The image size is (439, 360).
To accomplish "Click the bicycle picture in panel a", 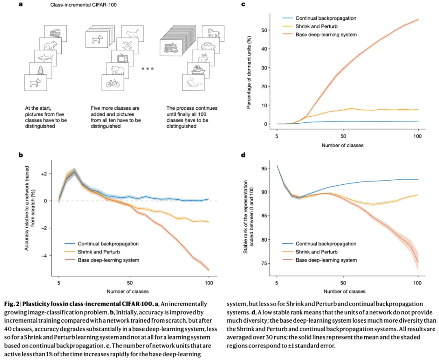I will click(112, 83).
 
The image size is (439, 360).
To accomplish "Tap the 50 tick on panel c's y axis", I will click(267, 31).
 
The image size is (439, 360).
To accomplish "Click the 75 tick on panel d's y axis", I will click(267, 263).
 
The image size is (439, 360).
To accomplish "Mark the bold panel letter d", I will click(243, 155).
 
